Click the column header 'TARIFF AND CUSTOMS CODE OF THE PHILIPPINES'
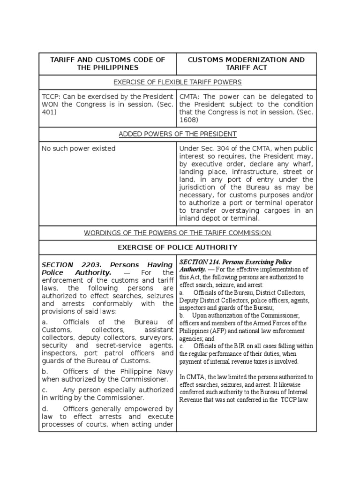tap(107, 63)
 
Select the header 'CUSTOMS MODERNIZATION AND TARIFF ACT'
tap(246, 63)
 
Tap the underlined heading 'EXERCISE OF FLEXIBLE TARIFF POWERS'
tap(178, 82)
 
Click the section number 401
tap(50, 112)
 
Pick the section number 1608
tap(188, 120)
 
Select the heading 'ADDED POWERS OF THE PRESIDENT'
tap(178, 134)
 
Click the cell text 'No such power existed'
tap(78, 149)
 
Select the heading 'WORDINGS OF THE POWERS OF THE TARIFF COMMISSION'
tap(178, 233)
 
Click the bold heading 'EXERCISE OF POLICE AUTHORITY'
tap(178, 247)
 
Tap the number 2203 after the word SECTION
tap(88, 264)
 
